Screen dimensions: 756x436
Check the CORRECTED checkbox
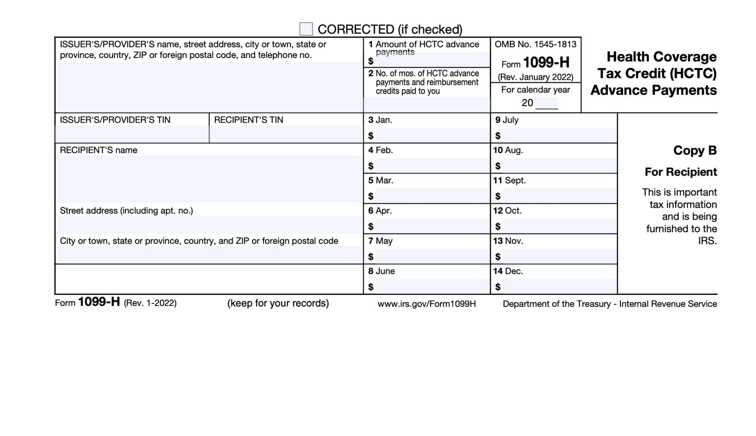(306, 29)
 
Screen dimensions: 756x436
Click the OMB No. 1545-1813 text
(535, 44)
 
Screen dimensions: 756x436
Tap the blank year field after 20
(547, 103)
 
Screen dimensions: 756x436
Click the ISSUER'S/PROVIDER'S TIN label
(115, 120)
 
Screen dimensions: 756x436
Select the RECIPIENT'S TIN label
(248, 120)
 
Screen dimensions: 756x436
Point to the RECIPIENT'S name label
(99, 150)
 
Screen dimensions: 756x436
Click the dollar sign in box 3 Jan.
(371, 136)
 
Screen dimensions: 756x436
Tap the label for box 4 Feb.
(380, 150)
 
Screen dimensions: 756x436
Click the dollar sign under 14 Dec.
(498, 287)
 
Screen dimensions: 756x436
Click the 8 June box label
(381, 271)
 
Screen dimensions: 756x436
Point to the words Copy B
(695, 150)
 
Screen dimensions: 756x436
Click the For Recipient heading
(681, 172)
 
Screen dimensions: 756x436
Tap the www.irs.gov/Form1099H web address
(426, 304)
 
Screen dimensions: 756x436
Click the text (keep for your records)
(278, 303)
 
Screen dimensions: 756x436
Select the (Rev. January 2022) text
(535, 77)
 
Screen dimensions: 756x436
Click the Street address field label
(126, 211)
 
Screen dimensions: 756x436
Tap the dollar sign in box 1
(371, 61)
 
